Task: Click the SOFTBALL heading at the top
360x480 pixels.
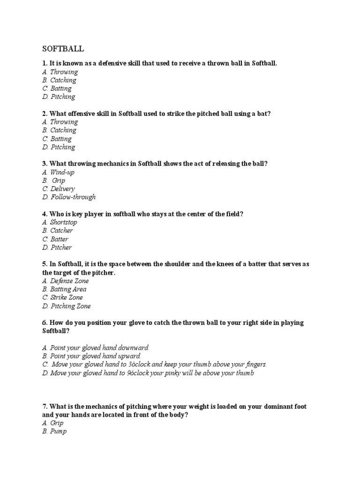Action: [x=63, y=49]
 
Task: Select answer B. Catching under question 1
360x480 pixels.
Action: [x=59, y=80]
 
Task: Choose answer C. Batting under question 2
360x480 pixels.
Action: [x=57, y=139]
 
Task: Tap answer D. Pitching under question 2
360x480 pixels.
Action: [x=58, y=147]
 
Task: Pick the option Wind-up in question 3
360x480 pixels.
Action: [x=58, y=172]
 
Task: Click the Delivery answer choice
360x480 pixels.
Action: [x=58, y=189]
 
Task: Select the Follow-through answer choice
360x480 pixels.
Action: [x=68, y=197]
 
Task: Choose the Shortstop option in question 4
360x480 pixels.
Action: [x=59, y=222]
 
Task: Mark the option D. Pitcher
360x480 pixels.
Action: [x=57, y=247]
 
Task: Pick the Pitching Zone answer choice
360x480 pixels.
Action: [x=66, y=306]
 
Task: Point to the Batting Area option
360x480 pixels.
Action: [x=64, y=289]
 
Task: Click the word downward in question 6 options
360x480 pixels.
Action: [x=133, y=348]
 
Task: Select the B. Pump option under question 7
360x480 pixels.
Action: [x=54, y=431]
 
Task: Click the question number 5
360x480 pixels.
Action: [x=44, y=264]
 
